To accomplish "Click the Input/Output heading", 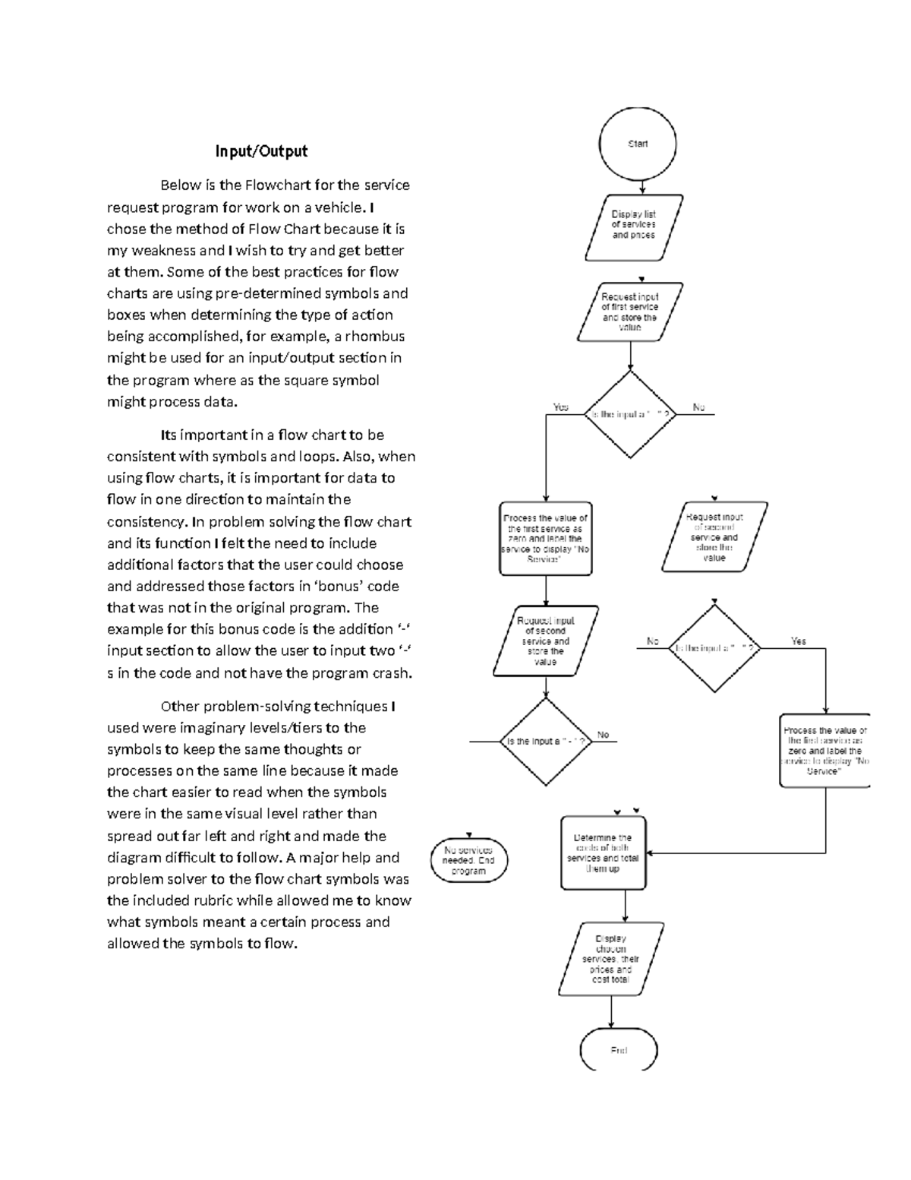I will (x=261, y=151).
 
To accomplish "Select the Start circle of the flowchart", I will (x=637, y=144).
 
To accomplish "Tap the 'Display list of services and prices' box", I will (x=633, y=226).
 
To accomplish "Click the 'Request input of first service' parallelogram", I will (x=629, y=312).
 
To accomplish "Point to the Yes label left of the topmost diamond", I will (x=560, y=407).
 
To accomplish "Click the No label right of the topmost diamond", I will (x=698, y=408).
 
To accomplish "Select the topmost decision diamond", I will (x=630, y=415).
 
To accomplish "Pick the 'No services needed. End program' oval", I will (x=468, y=861).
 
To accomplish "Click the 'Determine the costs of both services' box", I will (x=603, y=853).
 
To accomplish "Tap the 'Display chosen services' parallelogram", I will (x=610, y=959).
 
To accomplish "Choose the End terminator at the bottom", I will (x=619, y=1051).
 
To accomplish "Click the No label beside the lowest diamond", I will (x=603, y=735).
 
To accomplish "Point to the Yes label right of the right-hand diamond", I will (x=798, y=641).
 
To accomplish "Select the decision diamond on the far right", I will (x=714, y=648).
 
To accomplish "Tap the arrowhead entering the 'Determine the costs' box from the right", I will (x=650, y=853).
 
